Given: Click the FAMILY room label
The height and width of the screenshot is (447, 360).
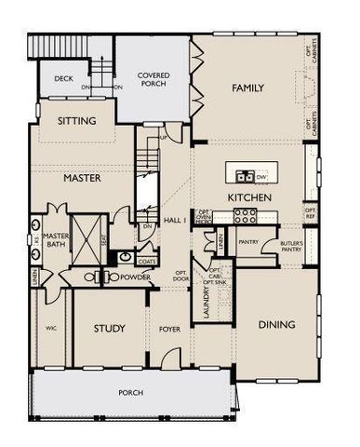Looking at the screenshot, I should click(x=247, y=88).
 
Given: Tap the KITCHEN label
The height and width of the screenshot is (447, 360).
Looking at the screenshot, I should click(x=249, y=198).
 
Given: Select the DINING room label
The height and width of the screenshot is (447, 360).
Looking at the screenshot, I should click(x=276, y=325).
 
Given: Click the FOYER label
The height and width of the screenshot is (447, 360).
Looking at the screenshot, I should click(x=168, y=329).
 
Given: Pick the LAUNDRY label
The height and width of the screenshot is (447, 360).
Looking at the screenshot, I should click(x=207, y=304).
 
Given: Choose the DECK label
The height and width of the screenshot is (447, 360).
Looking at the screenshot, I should click(x=63, y=80).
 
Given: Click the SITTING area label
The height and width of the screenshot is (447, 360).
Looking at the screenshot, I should click(x=77, y=121).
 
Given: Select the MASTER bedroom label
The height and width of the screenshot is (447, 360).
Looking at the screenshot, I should click(x=81, y=177).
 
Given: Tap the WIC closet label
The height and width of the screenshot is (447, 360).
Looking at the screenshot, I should click(x=52, y=329).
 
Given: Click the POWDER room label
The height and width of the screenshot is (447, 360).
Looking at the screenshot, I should click(x=136, y=277).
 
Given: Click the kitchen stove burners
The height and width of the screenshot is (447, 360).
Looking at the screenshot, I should click(x=245, y=215).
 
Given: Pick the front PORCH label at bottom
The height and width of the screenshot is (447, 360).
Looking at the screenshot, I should click(x=130, y=393).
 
